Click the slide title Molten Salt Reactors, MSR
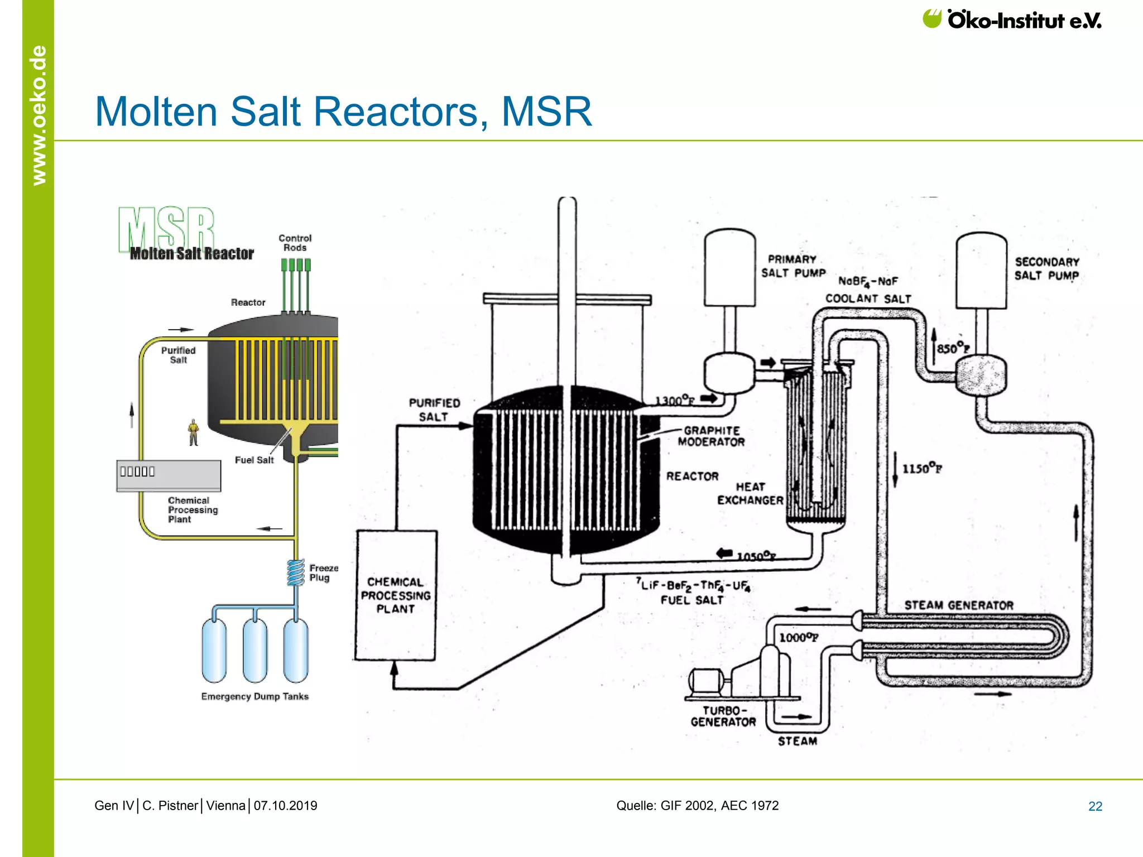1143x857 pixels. pos(343,112)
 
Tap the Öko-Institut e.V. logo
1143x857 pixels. pos(1012,20)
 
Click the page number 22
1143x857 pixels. pos(1095,806)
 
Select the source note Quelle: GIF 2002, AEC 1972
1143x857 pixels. pos(697,806)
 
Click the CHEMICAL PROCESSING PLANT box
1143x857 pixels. pos(396,595)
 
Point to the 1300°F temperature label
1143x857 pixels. pos(675,401)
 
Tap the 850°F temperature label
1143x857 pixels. pos(953,349)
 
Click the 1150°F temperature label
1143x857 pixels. pos(922,469)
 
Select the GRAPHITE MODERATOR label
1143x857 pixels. pos(711,436)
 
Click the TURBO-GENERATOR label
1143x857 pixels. pos(723,716)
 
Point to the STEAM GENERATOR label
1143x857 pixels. pos(959,605)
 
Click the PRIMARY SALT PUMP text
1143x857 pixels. pos(793,267)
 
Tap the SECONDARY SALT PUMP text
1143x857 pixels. pos(1046,269)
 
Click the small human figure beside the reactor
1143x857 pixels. pos(194,432)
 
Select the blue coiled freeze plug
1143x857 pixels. pos(295,572)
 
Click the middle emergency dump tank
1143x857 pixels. pos(255,650)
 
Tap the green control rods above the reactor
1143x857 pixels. pos(296,285)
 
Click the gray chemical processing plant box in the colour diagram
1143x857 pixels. pos(169,476)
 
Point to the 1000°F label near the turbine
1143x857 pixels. pos(798,638)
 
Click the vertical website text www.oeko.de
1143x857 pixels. pos(39,115)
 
